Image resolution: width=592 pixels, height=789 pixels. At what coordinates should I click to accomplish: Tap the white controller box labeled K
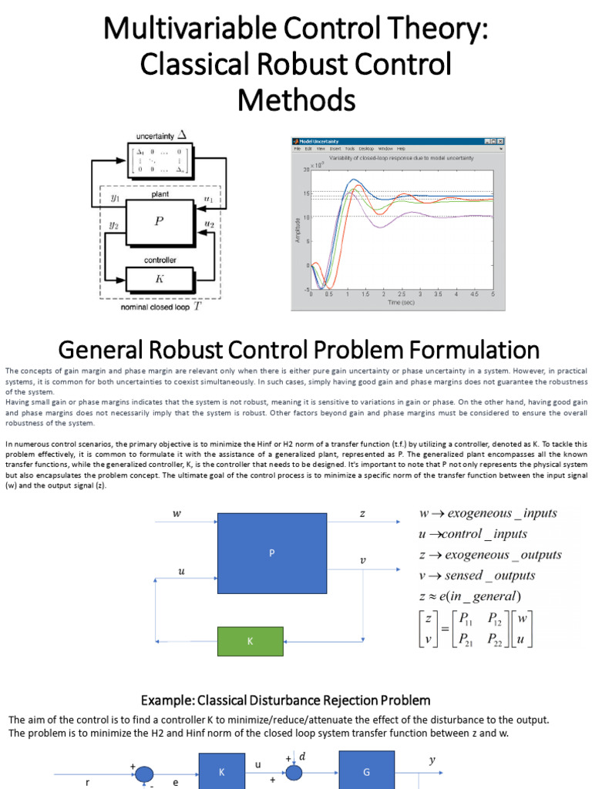click(x=160, y=278)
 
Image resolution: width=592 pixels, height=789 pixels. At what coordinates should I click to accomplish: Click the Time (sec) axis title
click(x=401, y=303)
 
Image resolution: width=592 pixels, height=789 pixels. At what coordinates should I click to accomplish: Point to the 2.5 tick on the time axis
click(x=401, y=294)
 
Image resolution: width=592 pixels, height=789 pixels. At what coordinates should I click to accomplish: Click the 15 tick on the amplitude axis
click(x=306, y=193)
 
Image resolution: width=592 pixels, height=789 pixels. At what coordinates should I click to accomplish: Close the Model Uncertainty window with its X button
click(x=500, y=142)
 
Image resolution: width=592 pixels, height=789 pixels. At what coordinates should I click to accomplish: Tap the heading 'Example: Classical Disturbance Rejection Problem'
click(x=285, y=700)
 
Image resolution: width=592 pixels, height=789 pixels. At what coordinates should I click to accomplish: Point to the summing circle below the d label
click(x=293, y=774)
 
